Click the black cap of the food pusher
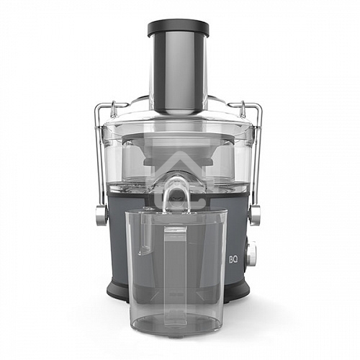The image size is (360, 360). [x=178, y=28]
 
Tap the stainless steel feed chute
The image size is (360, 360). [x=178, y=72]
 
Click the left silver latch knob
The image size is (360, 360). [x=101, y=214]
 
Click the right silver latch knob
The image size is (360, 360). [x=254, y=214]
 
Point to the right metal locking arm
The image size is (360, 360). [x=258, y=158]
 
